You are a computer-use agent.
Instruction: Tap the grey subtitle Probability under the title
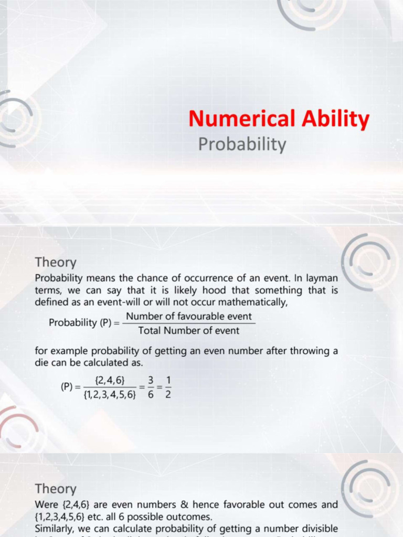tap(242, 144)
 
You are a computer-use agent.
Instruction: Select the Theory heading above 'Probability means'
tap(56, 262)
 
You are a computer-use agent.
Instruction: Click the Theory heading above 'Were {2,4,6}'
tap(56, 489)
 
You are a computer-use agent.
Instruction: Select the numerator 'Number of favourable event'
tap(189, 317)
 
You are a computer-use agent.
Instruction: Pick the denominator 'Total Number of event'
tap(189, 330)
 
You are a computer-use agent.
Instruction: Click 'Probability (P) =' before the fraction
tap(83, 323)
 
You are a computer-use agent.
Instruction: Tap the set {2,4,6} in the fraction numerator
tap(110, 380)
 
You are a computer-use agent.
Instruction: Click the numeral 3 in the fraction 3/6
tap(151, 380)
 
